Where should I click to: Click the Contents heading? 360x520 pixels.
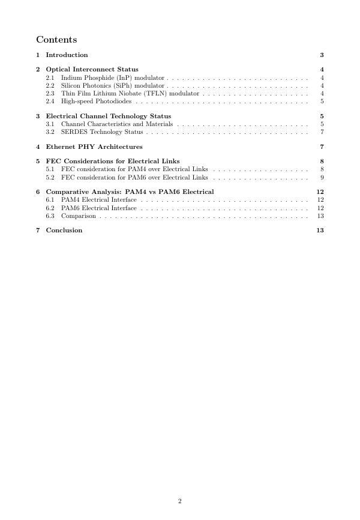coord(56,40)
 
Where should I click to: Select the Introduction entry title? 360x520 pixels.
coord(67,55)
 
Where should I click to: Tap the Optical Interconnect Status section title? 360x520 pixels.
coord(92,69)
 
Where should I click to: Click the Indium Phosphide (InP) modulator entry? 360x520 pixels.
coord(113,78)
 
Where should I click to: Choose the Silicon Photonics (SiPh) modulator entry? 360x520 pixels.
coord(112,86)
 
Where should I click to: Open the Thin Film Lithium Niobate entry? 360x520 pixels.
coord(130,94)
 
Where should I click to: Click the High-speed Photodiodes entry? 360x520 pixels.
coord(96,101)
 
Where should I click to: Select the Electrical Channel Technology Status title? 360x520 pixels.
coord(108,116)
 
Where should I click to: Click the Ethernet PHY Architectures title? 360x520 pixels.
coord(94,147)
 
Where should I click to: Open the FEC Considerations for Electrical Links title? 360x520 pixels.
coord(113,161)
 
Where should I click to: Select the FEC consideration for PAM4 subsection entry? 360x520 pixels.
coord(134,169)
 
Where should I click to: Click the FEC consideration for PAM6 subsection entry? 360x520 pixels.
coord(134,177)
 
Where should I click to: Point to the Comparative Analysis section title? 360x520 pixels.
coord(130,192)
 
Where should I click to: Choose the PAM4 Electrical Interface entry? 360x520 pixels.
coord(99,200)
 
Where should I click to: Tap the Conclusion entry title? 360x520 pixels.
coord(64,230)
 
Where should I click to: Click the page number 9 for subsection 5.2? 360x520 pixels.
coord(322,177)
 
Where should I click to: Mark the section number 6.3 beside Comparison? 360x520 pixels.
coord(50,216)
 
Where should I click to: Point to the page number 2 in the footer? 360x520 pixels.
coord(179,501)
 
